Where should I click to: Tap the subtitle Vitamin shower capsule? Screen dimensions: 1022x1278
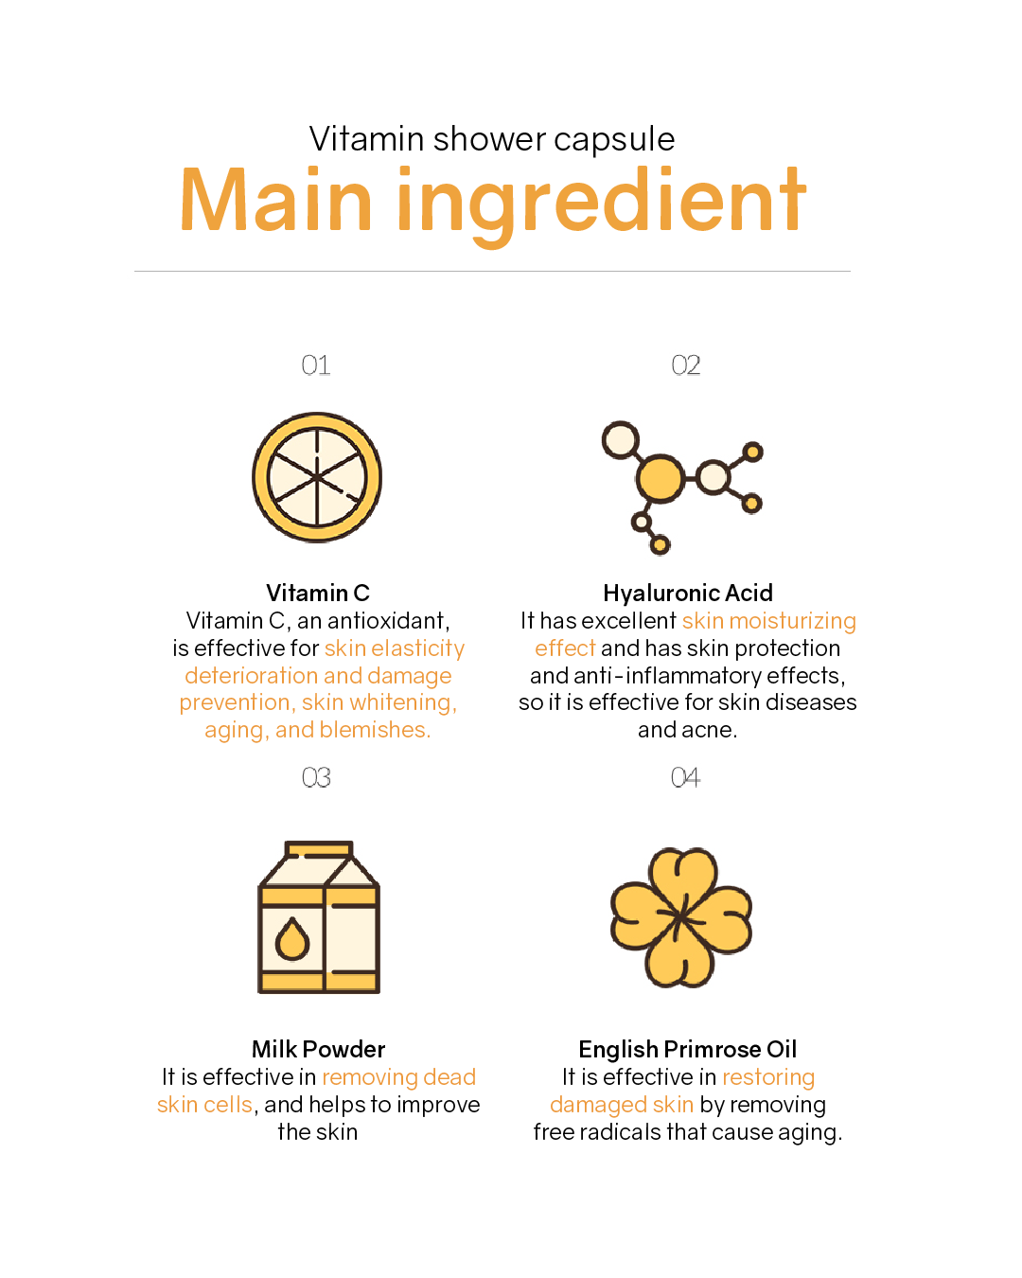tap(492, 139)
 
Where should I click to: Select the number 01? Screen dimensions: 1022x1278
tap(315, 364)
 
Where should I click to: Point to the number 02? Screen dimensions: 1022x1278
tap(685, 364)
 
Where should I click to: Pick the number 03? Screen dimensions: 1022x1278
tap(315, 777)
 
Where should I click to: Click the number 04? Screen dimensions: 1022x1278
tap(685, 777)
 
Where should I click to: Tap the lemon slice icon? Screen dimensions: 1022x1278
tap(316, 477)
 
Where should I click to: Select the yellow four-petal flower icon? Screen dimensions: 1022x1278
tap(681, 917)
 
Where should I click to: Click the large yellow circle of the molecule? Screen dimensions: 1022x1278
tap(660, 478)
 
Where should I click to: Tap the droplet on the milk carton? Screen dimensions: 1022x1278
tap(291, 939)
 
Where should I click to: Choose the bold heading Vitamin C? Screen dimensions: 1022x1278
tap(318, 593)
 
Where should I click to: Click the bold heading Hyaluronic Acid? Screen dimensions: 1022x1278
tap(688, 593)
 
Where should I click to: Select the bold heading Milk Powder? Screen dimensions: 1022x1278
tap(318, 1049)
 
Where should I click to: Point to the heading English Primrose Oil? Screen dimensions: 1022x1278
tap(688, 1049)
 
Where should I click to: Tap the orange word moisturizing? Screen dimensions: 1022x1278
tap(792, 621)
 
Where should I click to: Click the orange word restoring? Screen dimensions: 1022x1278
tap(768, 1077)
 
